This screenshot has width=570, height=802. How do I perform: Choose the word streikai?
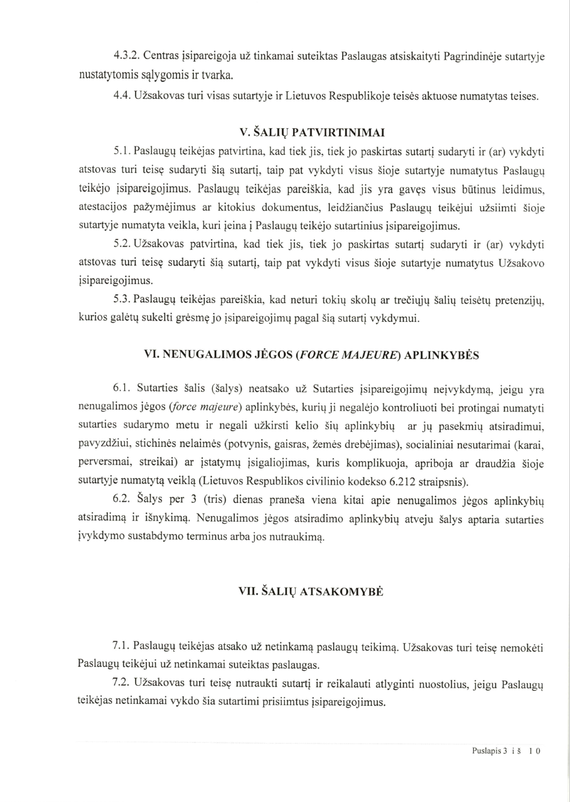coord(146,464)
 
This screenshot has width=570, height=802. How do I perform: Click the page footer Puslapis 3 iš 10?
coord(506,750)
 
